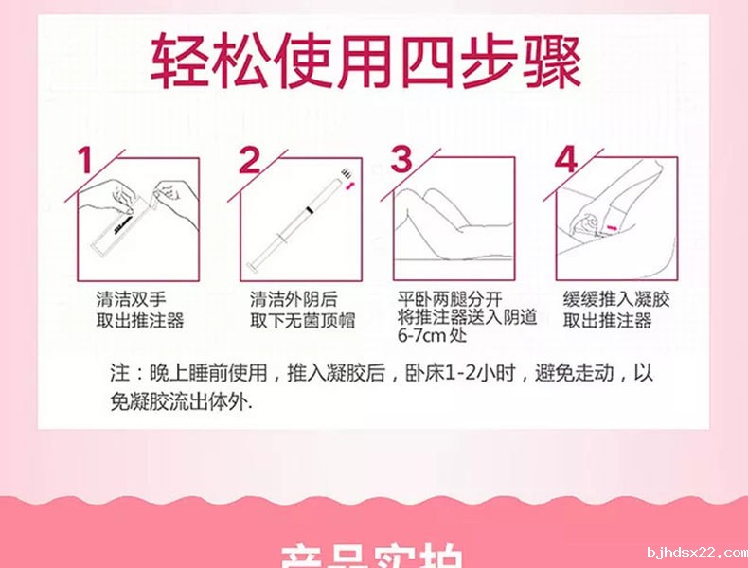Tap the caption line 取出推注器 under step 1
pyautogui.click(x=139, y=320)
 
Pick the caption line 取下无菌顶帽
pyautogui.click(x=302, y=320)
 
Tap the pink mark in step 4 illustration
pyautogui.click(x=614, y=228)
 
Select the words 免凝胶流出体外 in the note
pyautogui.click(x=180, y=400)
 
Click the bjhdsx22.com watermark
pyautogui.click(x=695, y=552)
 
